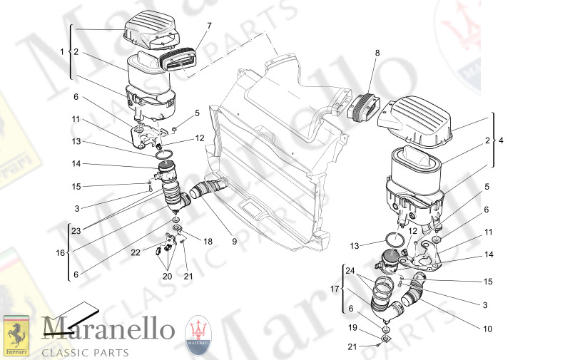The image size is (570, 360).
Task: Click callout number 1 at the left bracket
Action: [x=62, y=51]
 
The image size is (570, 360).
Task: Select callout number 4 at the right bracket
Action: [x=501, y=140]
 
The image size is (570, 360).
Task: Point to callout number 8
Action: [x=377, y=53]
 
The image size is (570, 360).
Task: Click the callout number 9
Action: [x=234, y=242]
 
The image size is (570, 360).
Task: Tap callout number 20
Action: [x=168, y=277]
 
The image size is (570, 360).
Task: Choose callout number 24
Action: [x=350, y=271]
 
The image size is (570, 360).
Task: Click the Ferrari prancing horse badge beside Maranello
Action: [x=16, y=335]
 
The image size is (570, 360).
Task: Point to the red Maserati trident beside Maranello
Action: [x=199, y=333]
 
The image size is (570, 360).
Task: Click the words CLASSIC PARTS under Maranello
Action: [x=86, y=352]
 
